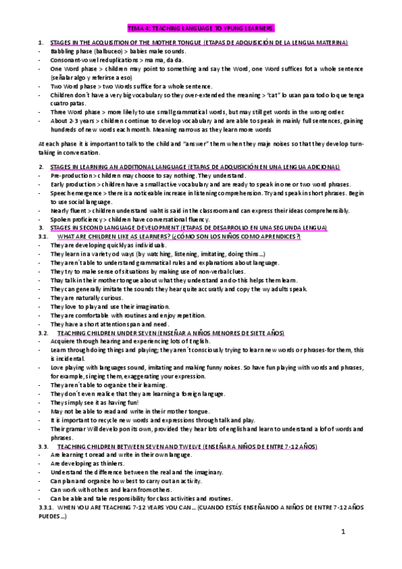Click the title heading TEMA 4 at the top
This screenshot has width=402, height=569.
click(201, 28)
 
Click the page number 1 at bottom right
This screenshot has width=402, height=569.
click(342, 531)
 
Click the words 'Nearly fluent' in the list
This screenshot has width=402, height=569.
click(67, 211)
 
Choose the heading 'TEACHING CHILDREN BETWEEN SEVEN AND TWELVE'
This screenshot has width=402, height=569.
click(134, 446)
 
